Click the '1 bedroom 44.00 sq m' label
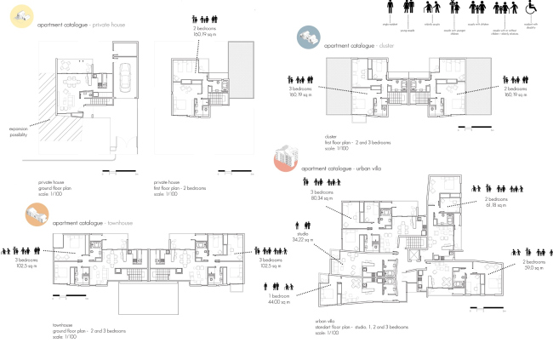[x=304, y=300]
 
